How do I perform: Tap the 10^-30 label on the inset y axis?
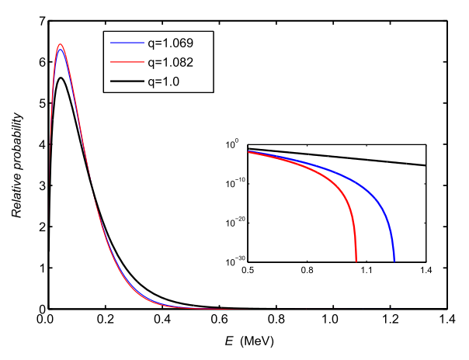[234, 261]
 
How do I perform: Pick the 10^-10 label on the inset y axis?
[234, 184]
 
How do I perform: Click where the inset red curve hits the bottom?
[356, 261]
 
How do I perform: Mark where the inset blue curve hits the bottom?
[394, 261]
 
